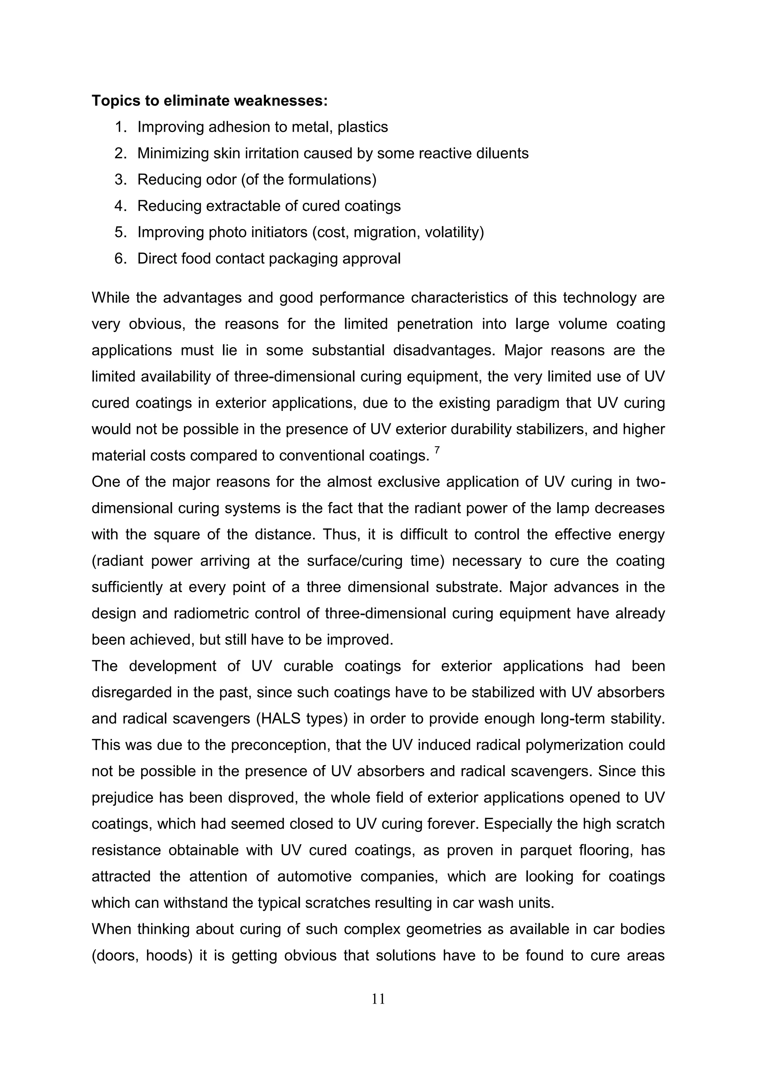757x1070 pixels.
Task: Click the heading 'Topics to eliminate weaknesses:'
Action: coord(209,100)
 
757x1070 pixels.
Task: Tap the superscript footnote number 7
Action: coord(437,450)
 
